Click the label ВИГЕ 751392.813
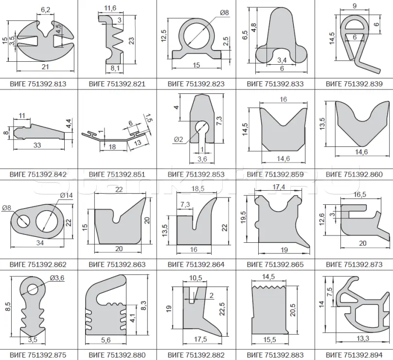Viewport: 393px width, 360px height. coord(38,84)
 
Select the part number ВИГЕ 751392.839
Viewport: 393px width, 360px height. coord(354,84)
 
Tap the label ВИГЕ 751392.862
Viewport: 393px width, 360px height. coord(38,265)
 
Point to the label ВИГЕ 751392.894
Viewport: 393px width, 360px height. coord(354,355)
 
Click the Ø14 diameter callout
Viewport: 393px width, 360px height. coord(67,195)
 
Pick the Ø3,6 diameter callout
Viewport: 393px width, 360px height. coord(57,278)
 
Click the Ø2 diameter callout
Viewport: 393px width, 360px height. coord(178,140)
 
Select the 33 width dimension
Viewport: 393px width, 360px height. coord(37,145)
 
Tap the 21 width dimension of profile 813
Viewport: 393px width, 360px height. coord(45,67)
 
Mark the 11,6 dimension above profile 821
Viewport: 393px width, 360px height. coord(110,8)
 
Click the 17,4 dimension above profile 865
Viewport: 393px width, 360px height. coord(279,187)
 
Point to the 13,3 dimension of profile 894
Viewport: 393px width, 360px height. coord(363,339)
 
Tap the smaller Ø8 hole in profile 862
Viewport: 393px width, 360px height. coord(23,222)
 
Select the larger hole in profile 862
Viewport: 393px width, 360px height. coord(49,222)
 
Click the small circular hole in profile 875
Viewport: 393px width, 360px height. coord(33,289)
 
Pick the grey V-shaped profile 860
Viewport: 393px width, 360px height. coord(362,130)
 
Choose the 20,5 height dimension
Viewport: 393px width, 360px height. coord(293,309)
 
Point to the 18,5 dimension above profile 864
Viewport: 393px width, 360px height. coord(198,189)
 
